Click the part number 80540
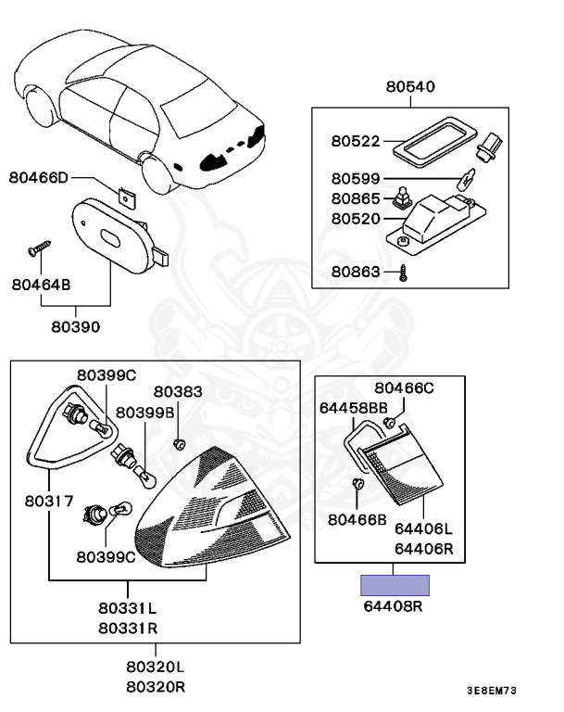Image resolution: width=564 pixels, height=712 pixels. tap(410, 87)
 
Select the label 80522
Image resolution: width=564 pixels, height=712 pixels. tap(356, 142)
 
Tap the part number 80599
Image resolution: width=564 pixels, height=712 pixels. tap(356, 179)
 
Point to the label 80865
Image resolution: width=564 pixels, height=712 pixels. tap(356, 198)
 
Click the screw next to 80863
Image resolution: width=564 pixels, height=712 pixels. tap(404, 273)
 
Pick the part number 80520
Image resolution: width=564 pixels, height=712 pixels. tap(356, 219)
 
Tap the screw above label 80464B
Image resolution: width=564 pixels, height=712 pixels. tap(39, 248)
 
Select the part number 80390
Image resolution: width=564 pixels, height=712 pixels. tap(76, 326)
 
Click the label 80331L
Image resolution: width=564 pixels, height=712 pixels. tap(128, 610)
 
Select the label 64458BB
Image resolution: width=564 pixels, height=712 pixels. tap(353, 407)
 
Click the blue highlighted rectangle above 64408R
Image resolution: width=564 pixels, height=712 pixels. tap(395, 585)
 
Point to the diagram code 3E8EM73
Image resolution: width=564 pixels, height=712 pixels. tap(491, 691)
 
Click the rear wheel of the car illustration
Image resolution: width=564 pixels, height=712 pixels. tap(160, 172)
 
